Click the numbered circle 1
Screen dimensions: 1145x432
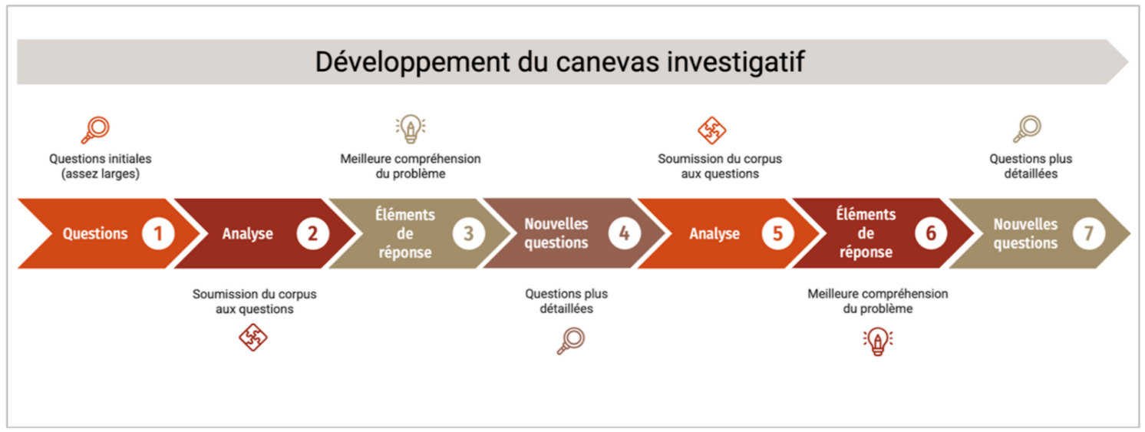pos(158,233)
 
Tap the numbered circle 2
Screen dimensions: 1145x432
pos(313,233)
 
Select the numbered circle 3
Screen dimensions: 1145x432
pos(468,233)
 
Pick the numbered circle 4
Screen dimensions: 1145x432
pos(624,233)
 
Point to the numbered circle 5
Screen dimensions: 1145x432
pos(777,233)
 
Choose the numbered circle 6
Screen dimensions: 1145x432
pos(931,233)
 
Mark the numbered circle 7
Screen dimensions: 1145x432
pos(1089,233)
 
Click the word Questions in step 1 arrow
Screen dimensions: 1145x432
pos(95,233)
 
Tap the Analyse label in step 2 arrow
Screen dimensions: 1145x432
pos(247,234)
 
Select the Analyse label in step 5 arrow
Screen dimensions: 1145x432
pos(714,234)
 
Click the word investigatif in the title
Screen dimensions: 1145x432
pos(736,62)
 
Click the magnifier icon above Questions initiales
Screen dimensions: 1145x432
pos(96,130)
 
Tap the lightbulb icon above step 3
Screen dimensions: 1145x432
pos(411,129)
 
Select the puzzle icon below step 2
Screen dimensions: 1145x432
pos(253,338)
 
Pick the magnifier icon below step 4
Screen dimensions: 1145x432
pos(571,341)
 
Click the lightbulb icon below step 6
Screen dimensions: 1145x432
pos(878,341)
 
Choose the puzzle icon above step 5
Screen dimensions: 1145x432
pos(712,130)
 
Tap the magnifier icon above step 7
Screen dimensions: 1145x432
pos(1028,130)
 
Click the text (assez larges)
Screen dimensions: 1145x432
pos(101,174)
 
